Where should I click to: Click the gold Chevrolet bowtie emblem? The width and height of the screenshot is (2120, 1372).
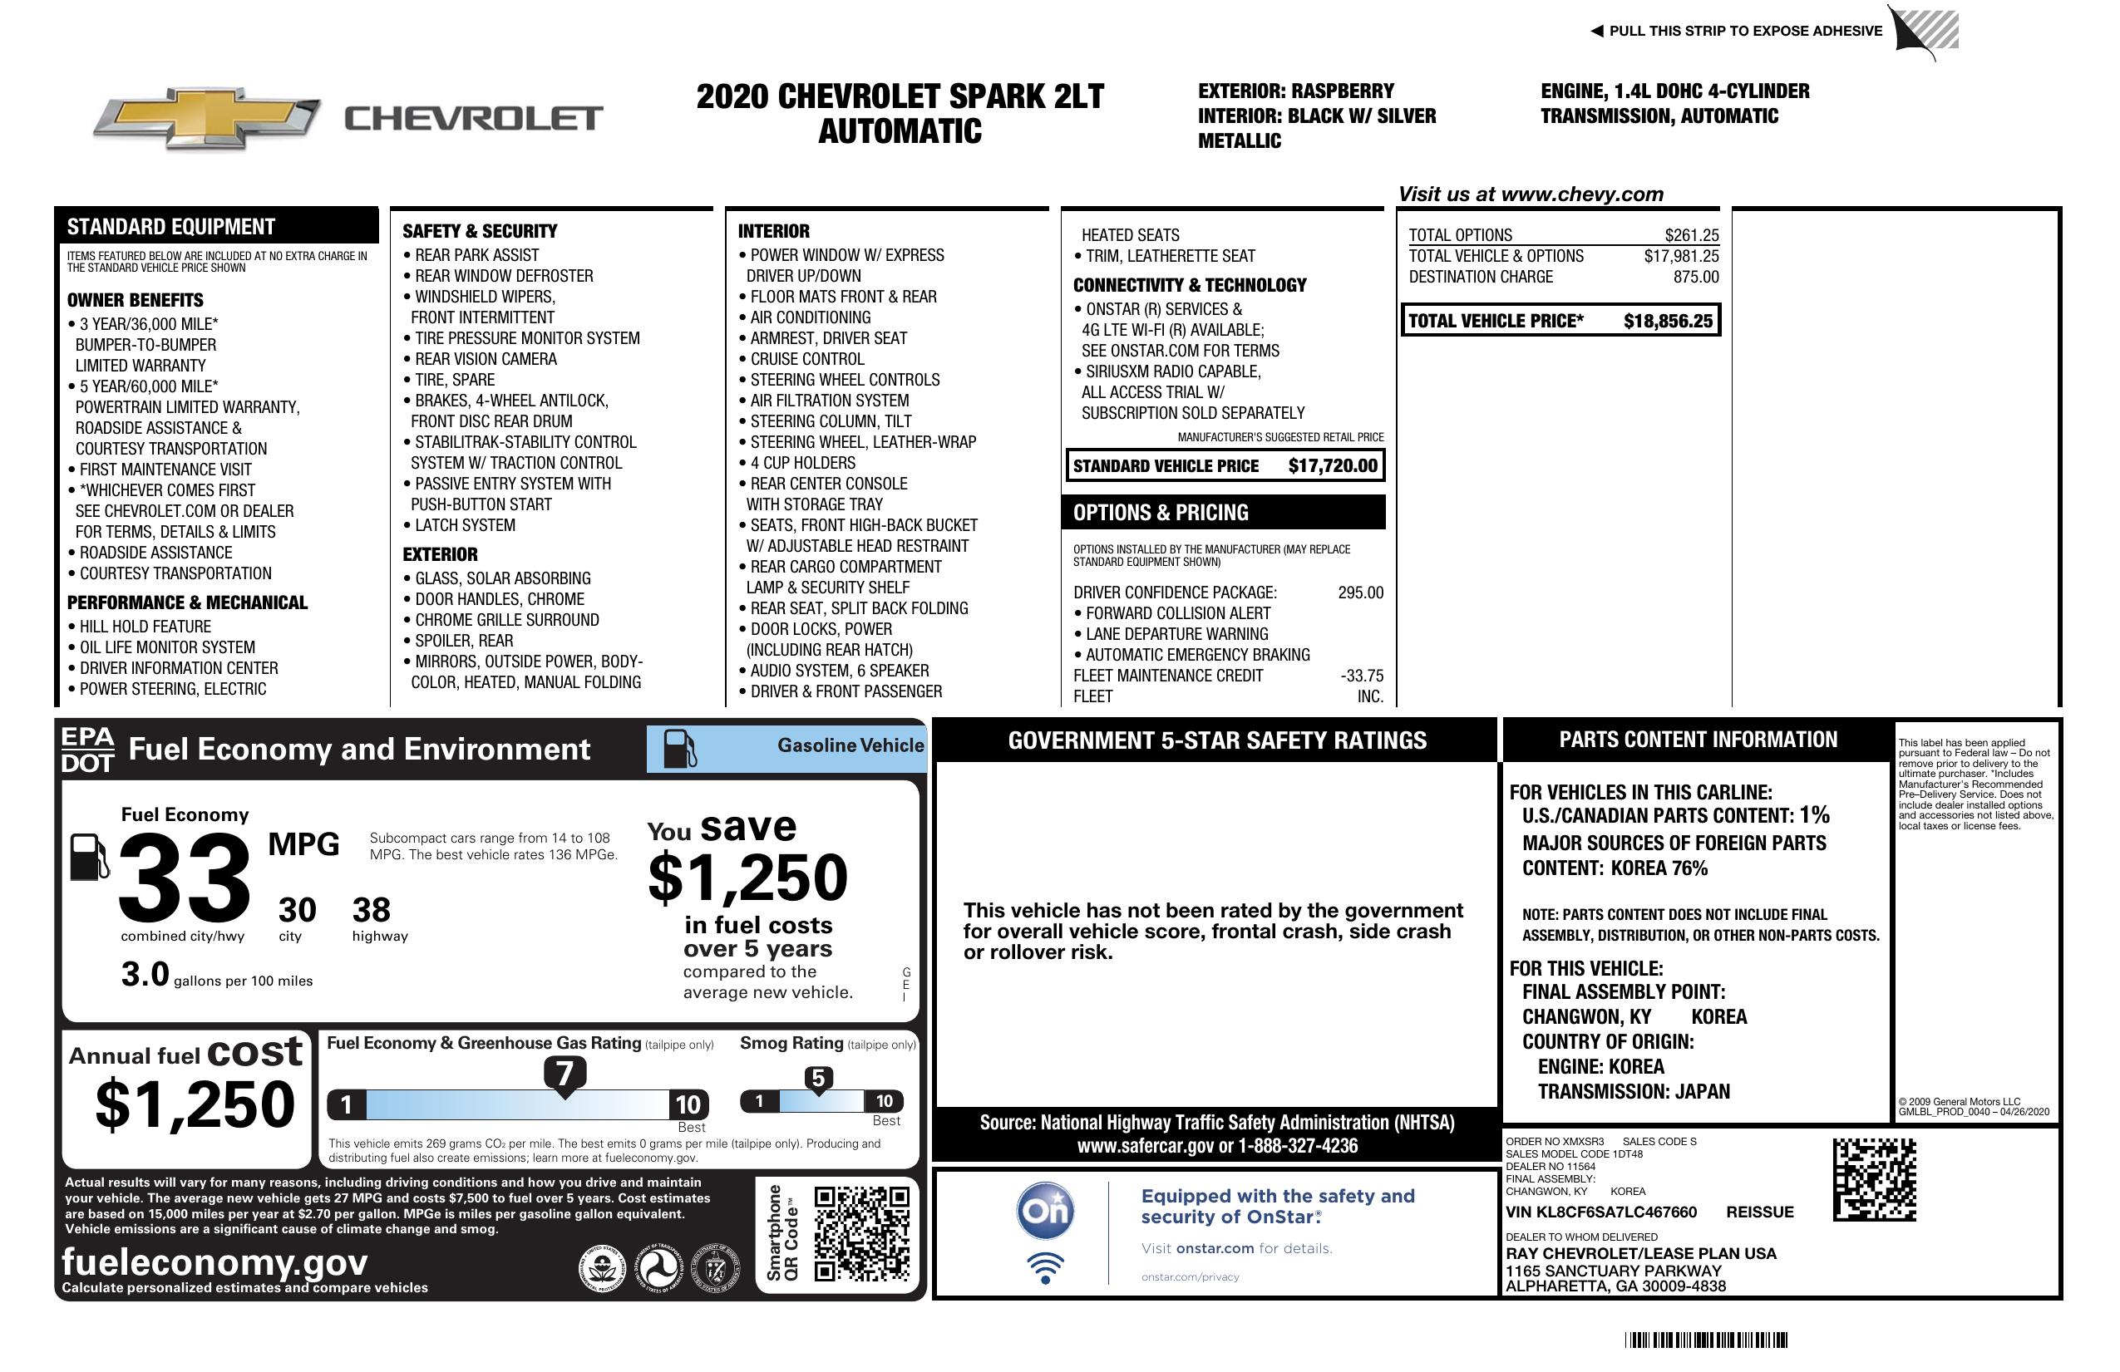(207, 118)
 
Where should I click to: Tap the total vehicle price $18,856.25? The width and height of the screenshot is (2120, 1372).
(1667, 322)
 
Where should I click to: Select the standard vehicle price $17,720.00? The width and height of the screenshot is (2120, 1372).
(1333, 465)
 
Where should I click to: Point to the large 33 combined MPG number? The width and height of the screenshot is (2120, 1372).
(185, 878)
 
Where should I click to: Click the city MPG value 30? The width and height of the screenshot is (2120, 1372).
(297, 910)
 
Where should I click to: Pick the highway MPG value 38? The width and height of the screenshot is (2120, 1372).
(372, 910)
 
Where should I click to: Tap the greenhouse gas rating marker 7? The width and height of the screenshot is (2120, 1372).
(565, 1074)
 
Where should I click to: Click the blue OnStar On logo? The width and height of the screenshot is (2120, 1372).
(1045, 1211)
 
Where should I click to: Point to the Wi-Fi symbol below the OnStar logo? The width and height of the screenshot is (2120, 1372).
(1045, 1268)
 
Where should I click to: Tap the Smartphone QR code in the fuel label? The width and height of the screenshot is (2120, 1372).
(861, 1233)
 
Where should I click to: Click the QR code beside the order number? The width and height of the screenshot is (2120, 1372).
(1874, 1179)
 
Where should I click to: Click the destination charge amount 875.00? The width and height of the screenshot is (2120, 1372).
(1695, 277)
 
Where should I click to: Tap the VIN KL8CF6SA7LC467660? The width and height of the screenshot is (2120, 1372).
(1600, 1212)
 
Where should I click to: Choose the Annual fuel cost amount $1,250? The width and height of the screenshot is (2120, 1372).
(195, 1105)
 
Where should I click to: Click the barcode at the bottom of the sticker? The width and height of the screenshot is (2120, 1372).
(1705, 1340)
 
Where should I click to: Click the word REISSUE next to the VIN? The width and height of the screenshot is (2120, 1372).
(1759, 1212)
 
